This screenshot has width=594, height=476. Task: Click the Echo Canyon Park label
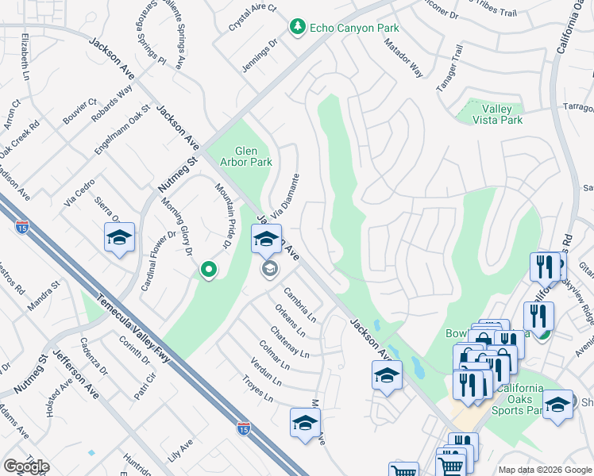354,28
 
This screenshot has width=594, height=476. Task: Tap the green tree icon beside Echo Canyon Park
298,28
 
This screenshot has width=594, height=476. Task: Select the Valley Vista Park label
497,114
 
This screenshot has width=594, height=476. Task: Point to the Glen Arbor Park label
253,156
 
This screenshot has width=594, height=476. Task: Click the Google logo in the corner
25,466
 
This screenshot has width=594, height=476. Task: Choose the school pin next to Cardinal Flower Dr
119,238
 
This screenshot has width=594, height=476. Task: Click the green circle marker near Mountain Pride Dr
209,271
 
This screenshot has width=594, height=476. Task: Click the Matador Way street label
406,62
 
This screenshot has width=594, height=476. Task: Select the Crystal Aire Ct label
253,18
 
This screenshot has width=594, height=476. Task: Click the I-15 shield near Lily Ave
244,428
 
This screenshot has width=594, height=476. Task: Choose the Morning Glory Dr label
178,227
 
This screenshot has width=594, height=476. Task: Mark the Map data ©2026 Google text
545,470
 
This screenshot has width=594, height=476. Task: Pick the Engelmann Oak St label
123,124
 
